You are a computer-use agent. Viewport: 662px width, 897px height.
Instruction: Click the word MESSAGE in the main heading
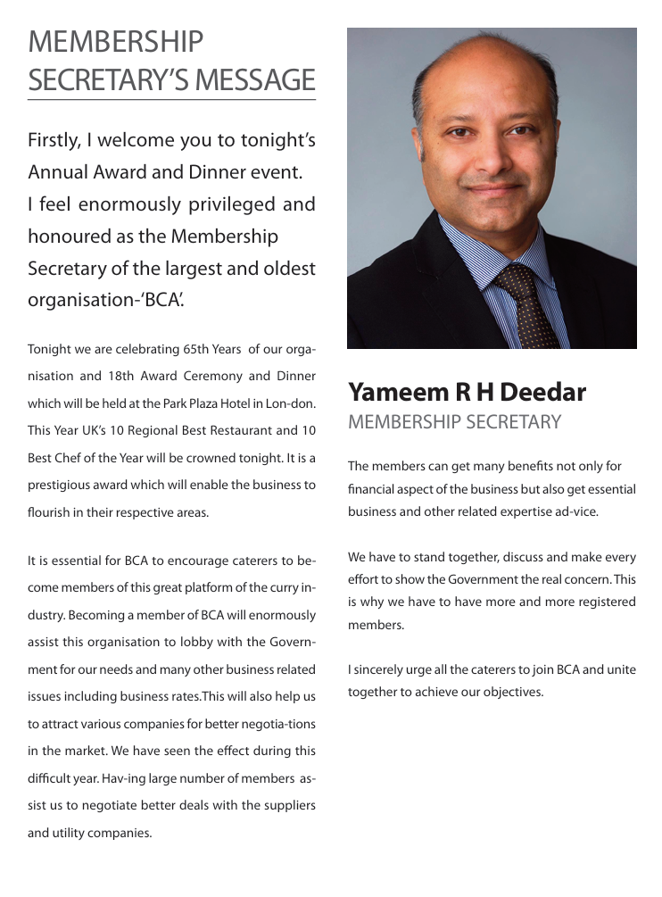pyautogui.click(x=261, y=79)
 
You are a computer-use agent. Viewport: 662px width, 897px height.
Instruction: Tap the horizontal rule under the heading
pyautogui.click(x=171, y=100)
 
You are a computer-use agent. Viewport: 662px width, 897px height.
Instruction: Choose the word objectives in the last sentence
pyautogui.click(x=511, y=692)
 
